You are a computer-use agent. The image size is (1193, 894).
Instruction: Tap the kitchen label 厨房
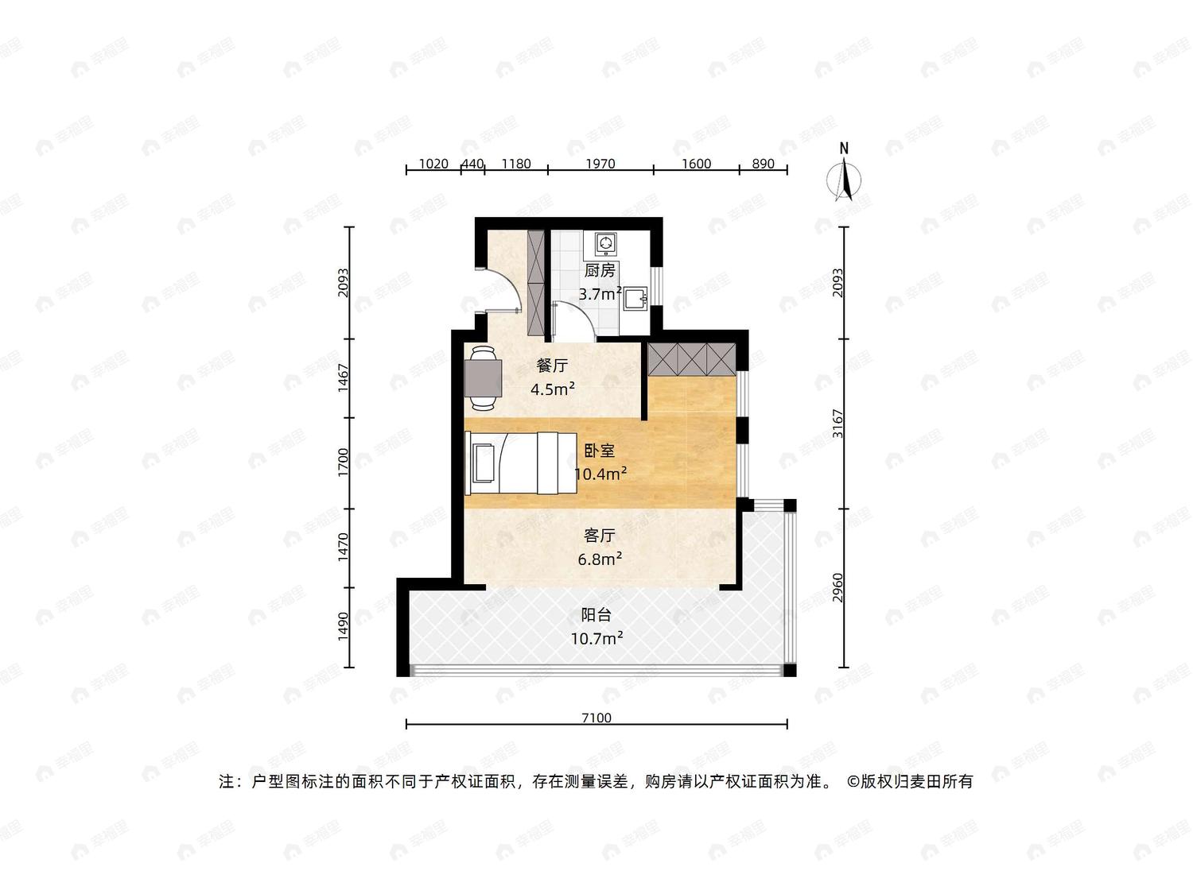coord(600,269)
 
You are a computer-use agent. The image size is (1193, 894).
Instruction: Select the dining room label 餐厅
coord(552,366)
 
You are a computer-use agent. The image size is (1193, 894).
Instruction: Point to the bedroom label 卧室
coord(600,451)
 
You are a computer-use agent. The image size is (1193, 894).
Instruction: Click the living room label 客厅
coord(600,536)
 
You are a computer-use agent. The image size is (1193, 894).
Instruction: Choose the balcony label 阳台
coord(596,615)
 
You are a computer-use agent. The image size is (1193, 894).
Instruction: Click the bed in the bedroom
coord(521,462)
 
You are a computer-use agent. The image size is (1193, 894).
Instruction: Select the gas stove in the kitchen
coord(606,243)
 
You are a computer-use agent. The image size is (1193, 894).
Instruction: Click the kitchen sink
coord(635,299)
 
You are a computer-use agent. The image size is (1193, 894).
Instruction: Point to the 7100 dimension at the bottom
coord(596,718)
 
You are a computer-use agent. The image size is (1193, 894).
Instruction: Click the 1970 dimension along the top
coord(600,164)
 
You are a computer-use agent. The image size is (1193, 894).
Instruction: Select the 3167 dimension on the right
coord(838,424)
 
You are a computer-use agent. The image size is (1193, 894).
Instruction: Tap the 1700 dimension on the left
coord(343,462)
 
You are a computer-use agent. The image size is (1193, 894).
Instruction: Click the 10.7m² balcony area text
coord(596,638)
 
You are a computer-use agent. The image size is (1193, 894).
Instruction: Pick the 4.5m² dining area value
coord(553,389)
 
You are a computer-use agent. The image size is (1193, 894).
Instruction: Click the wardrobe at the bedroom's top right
coord(692,359)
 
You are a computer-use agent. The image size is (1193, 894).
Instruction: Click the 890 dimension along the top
coord(763,164)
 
